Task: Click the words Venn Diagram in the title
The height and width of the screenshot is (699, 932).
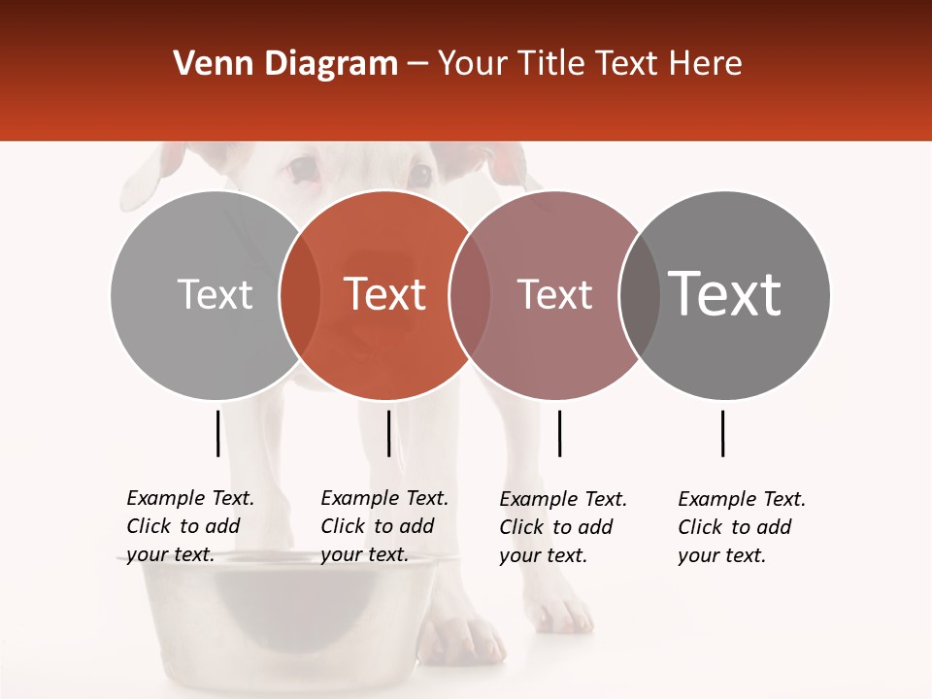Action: tap(285, 64)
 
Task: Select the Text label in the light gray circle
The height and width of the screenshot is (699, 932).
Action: tap(215, 295)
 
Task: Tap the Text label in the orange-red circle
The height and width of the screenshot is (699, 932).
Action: tap(385, 295)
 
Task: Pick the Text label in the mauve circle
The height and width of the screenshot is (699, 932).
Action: tap(554, 295)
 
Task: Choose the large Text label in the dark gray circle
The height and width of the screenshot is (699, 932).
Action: tap(725, 294)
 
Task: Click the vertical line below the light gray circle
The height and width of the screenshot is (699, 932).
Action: tap(217, 433)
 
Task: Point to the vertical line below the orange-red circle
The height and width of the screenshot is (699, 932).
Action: tap(388, 433)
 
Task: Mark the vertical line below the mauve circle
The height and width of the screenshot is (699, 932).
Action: tap(559, 433)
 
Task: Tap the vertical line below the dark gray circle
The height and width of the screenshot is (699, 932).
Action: tap(722, 433)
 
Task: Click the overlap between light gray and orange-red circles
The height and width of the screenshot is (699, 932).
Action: tap(300, 295)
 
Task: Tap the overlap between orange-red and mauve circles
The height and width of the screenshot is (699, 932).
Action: tap(470, 295)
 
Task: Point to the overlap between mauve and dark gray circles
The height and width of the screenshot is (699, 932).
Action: tap(639, 295)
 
